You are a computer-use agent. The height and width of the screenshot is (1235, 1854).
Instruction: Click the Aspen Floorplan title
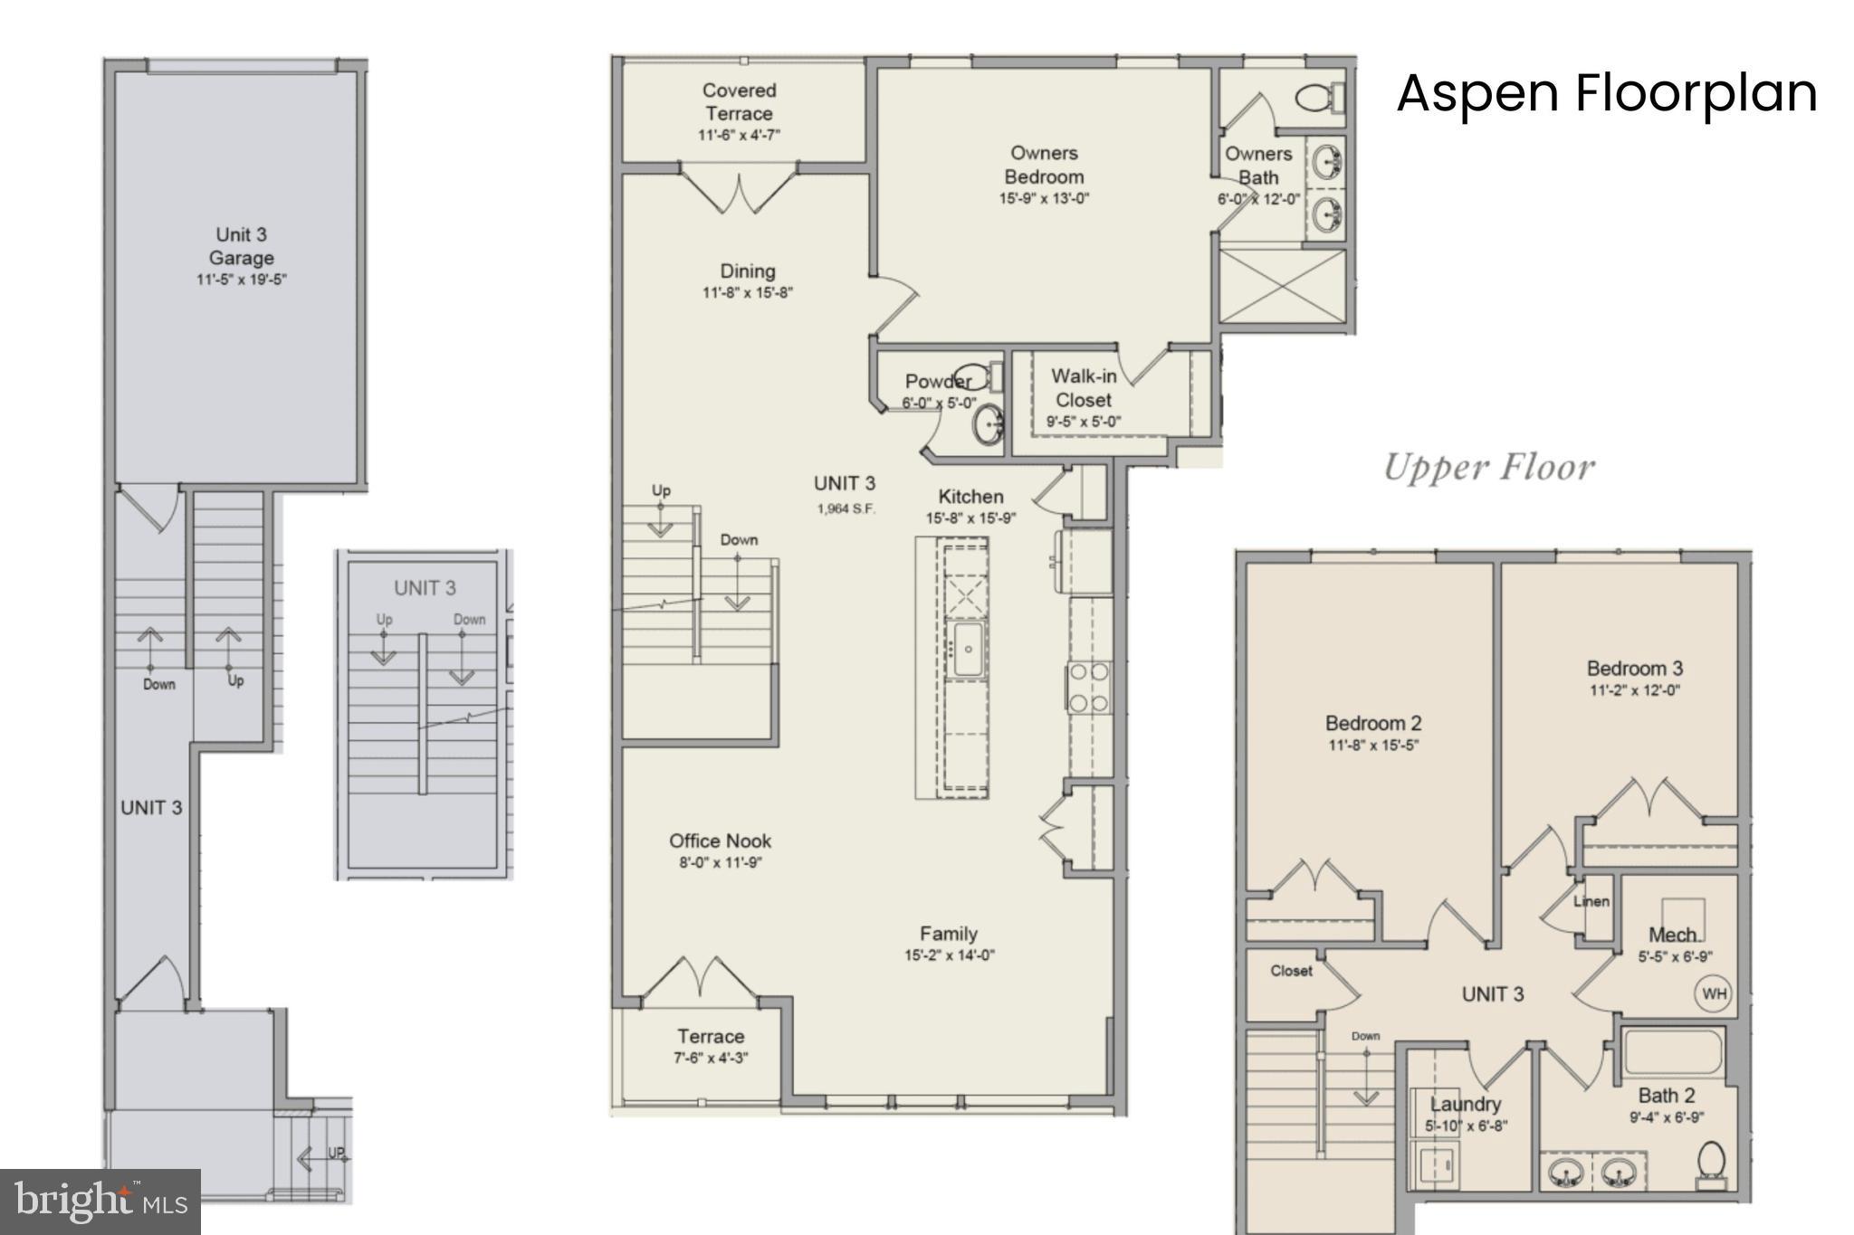pyautogui.click(x=1607, y=93)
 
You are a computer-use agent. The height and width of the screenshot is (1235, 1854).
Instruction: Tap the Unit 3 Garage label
pyautogui.click(x=241, y=246)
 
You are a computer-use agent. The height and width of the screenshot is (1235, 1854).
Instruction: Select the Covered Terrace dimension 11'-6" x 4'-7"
pyautogui.click(x=739, y=136)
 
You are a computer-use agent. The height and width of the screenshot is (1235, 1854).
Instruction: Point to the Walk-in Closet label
pyautogui.click(x=1084, y=388)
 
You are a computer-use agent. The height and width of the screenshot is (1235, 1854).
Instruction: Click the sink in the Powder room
pyautogui.click(x=989, y=424)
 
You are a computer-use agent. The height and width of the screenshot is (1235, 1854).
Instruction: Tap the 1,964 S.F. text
pyautogui.click(x=846, y=508)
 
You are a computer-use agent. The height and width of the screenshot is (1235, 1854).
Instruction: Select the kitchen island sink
pyautogui.click(x=966, y=648)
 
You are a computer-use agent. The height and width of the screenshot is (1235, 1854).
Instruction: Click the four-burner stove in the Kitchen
pyautogui.click(x=1088, y=687)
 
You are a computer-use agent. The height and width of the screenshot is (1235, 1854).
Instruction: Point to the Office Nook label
pyautogui.click(x=721, y=841)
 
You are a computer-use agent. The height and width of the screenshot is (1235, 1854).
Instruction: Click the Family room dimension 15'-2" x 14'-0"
pyautogui.click(x=949, y=955)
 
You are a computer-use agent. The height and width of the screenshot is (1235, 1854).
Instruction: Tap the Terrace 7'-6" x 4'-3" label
pyautogui.click(x=711, y=1046)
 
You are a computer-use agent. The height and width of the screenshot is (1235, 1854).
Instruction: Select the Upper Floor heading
pyautogui.click(x=1489, y=468)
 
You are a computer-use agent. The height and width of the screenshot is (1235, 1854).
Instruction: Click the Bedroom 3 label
pyautogui.click(x=1634, y=669)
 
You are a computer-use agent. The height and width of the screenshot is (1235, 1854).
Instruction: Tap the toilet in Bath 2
pyautogui.click(x=1710, y=1164)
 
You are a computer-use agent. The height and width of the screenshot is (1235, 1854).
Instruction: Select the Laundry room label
pyautogui.click(x=1465, y=1104)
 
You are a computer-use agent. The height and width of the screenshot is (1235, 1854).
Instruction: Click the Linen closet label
pyautogui.click(x=1591, y=901)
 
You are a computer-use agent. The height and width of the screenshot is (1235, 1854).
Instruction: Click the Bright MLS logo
pyautogui.click(x=100, y=1202)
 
